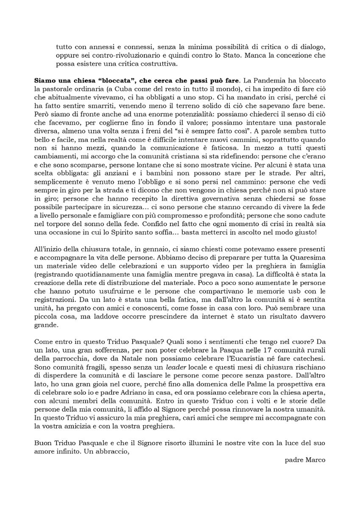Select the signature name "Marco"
316,461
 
